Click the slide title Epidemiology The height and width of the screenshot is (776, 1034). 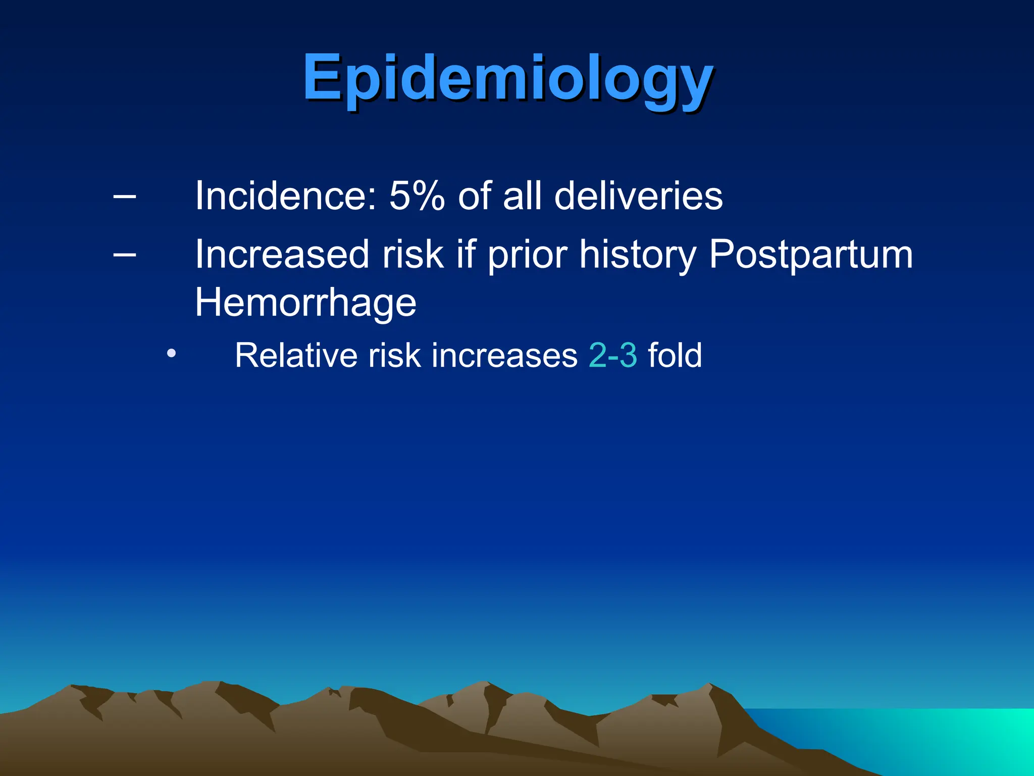pos(507,78)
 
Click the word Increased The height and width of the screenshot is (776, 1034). pos(282,254)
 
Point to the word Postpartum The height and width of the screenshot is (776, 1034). pos(811,255)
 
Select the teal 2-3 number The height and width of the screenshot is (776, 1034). pos(613,355)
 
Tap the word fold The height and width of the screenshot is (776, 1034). pos(675,355)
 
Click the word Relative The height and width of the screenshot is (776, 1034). pos(296,355)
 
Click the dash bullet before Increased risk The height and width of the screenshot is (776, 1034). pos(124,254)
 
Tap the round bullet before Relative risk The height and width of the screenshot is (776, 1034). pos(172,353)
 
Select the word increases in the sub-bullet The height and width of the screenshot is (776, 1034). pos(504,355)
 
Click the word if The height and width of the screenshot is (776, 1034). pos(466,254)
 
